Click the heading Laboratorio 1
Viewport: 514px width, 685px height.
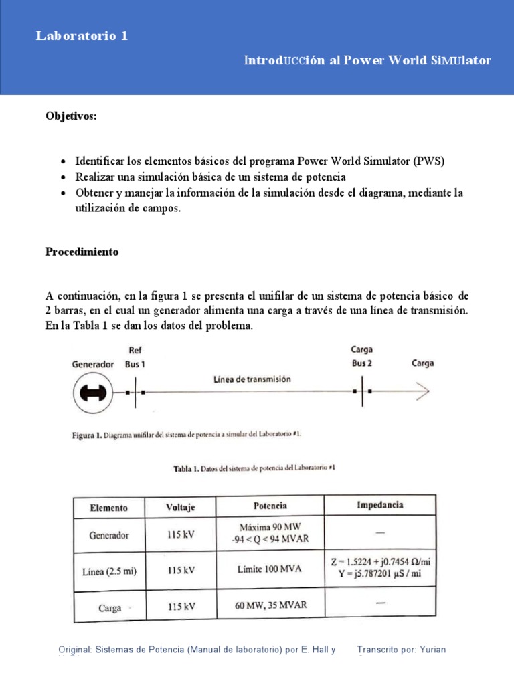[82, 37]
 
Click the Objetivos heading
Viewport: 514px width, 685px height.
[71, 116]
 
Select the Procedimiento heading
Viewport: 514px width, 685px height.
[82, 252]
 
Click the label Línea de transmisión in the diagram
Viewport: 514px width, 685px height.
[252, 379]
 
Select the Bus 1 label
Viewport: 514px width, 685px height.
[135, 365]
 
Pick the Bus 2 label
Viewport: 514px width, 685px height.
[362, 363]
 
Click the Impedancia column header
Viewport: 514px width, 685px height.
[380, 505]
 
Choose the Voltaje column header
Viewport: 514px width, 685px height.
[180, 507]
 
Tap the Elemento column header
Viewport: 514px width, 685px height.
[108, 508]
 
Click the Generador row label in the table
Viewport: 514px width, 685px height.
[108, 535]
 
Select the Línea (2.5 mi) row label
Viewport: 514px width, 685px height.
[108, 571]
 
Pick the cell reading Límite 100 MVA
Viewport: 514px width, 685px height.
[269, 569]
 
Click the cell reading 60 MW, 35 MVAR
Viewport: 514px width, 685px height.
[270, 605]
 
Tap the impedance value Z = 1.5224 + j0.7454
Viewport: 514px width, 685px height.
[379, 561]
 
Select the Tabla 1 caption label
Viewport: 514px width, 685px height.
[185, 469]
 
